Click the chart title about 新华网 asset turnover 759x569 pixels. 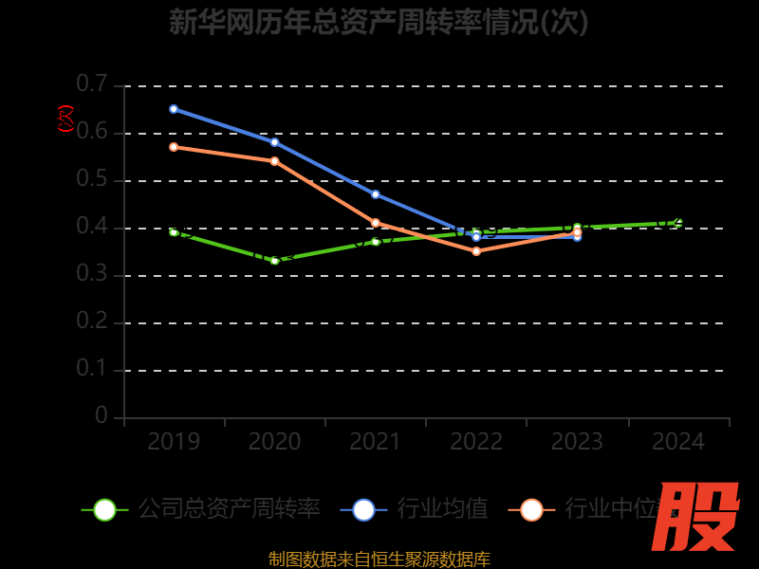coord(379,22)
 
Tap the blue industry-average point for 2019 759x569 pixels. coord(174,109)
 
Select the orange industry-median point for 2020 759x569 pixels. coord(274,161)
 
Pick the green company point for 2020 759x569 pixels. coord(274,261)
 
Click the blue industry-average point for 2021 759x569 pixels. coord(376,194)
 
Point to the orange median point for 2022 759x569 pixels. coord(476,251)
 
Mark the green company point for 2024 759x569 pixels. coord(678,223)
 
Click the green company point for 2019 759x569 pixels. coord(174,231)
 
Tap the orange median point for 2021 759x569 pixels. coord(376,223)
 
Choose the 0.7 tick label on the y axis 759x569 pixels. coord(92,84)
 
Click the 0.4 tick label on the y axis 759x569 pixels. coord(92,227)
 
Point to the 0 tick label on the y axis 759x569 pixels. coord(102,416)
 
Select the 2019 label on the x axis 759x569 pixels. coord(174,442)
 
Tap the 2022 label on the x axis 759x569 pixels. coord(476,442)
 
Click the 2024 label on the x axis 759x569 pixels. coord(678,442)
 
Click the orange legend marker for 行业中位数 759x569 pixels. coord(532,510)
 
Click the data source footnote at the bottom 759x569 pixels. coord(379,559)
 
